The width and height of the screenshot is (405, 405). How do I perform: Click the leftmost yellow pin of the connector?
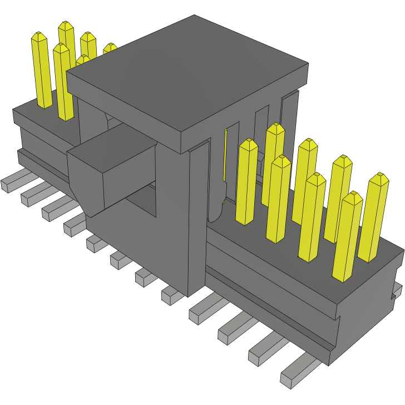(41, 70)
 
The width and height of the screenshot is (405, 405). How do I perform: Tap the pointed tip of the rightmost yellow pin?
(381, 176)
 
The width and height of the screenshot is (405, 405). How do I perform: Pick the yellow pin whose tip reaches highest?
(67, 45)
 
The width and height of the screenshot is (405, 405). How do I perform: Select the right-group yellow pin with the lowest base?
(347, 236)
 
